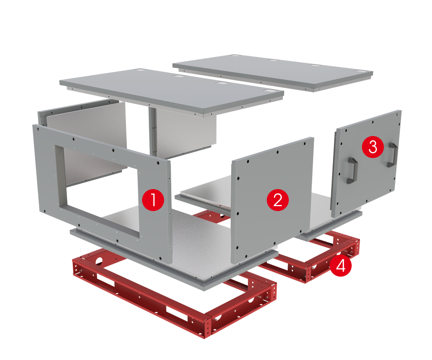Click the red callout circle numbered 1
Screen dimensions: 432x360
[153, 200]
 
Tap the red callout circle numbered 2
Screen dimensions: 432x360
[278, 200]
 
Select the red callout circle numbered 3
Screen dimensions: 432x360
[373, 147]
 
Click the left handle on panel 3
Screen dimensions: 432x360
[352, 170]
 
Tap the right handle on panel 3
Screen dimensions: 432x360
[392, 155]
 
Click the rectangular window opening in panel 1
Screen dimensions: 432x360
[98, 190]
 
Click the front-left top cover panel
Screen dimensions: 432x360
[171, 92]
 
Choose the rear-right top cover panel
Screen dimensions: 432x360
[273, 72]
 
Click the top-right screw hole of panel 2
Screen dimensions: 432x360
[304, 144]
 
